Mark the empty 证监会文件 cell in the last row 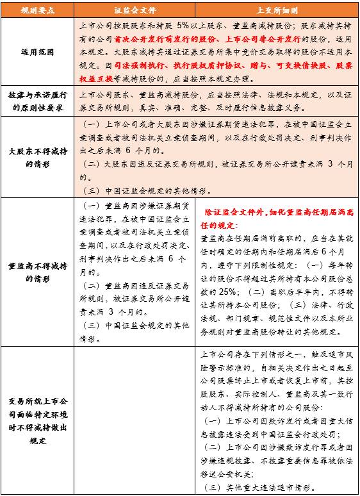click(133, 420)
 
